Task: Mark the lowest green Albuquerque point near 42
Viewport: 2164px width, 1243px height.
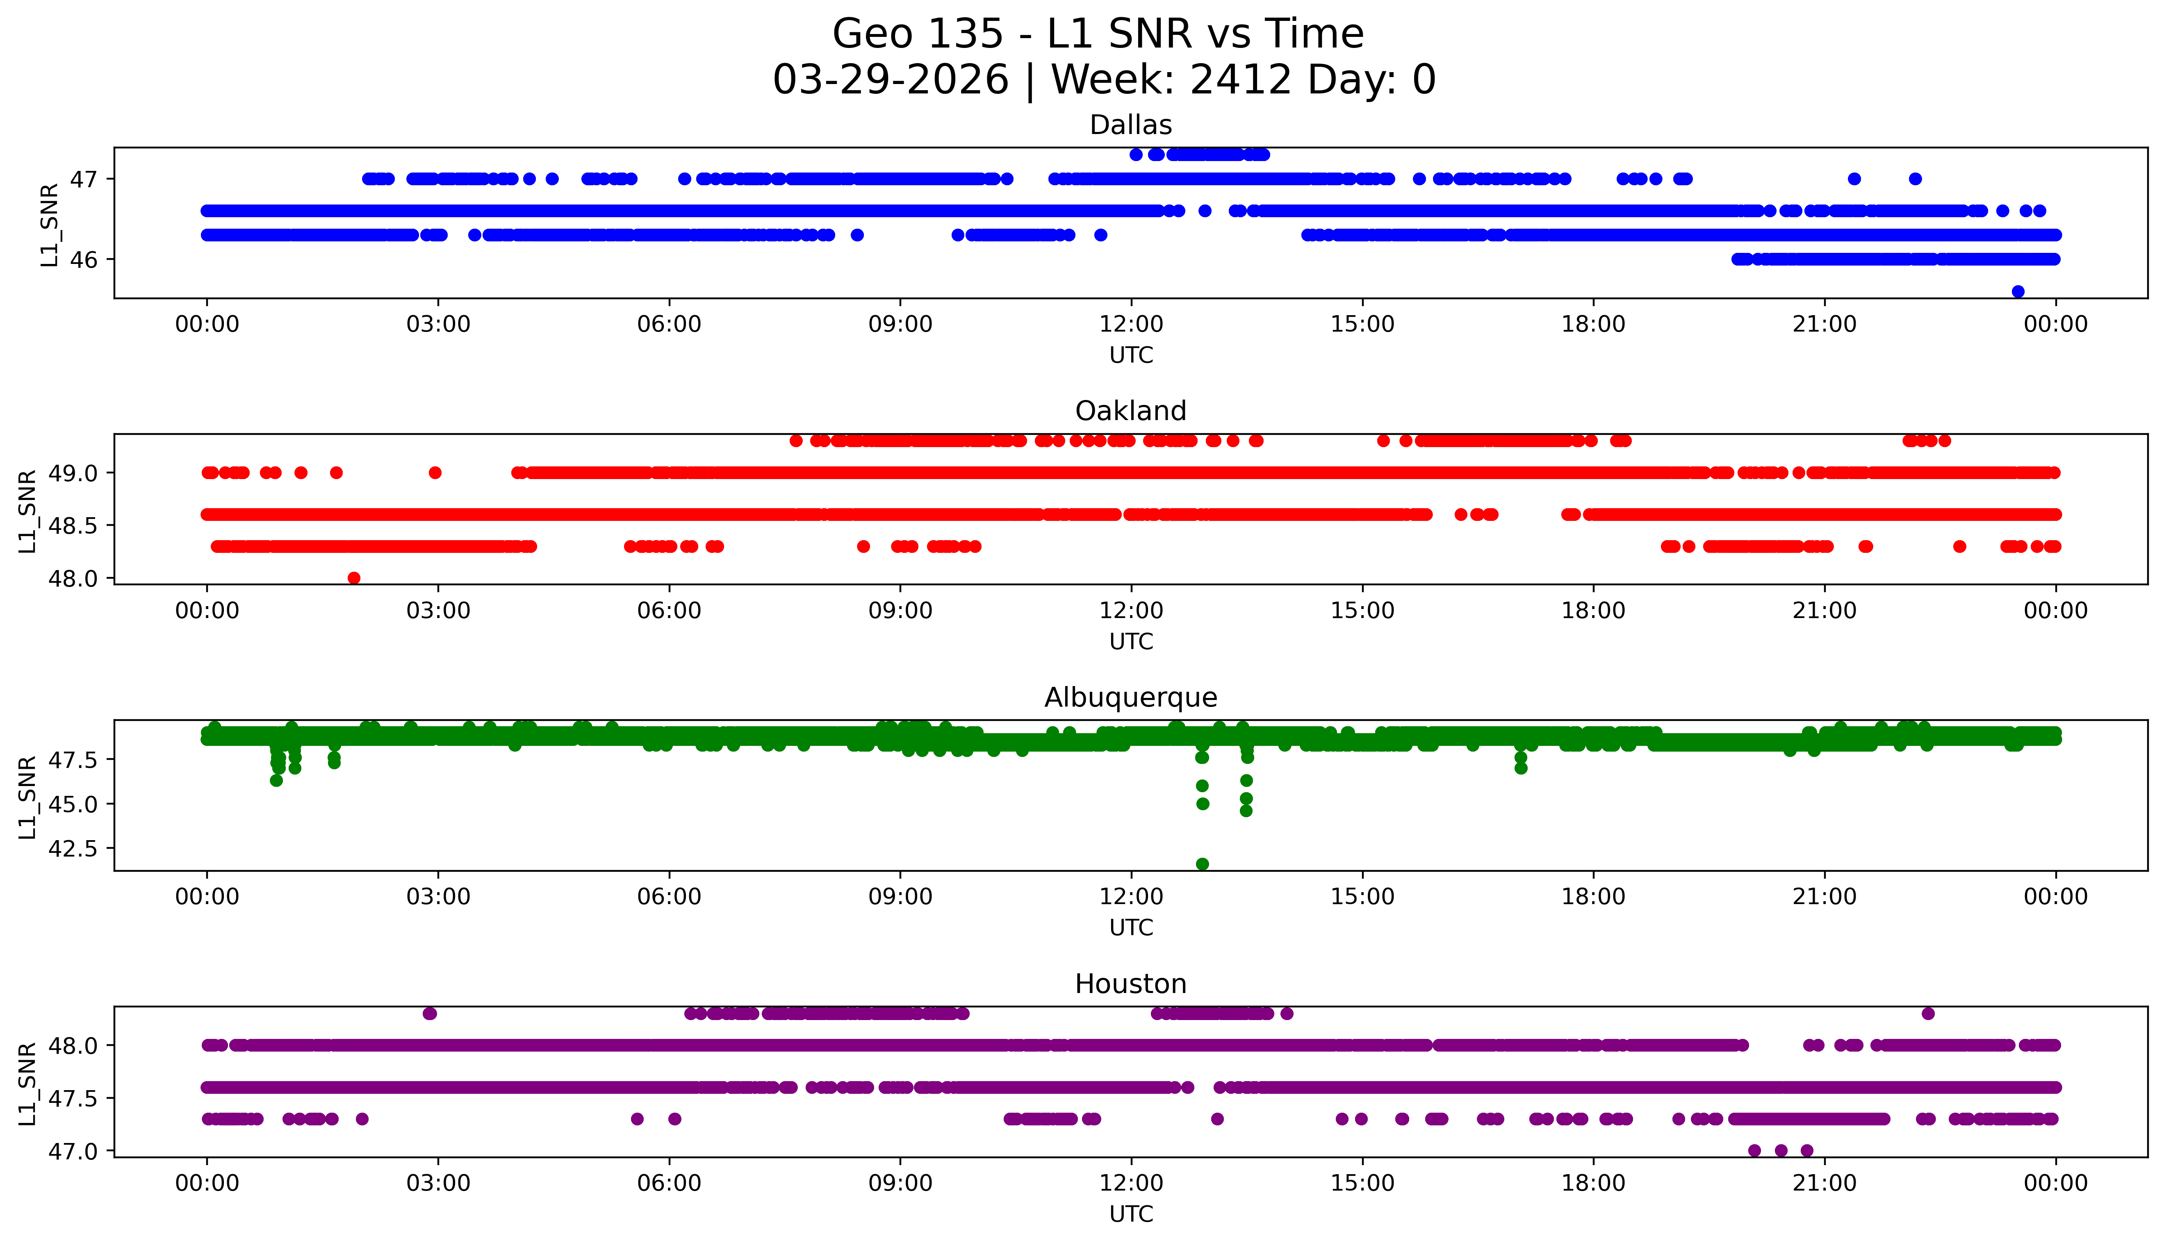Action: click(1203, 864)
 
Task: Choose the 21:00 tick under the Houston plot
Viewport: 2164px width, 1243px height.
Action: click(1824, 1183)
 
